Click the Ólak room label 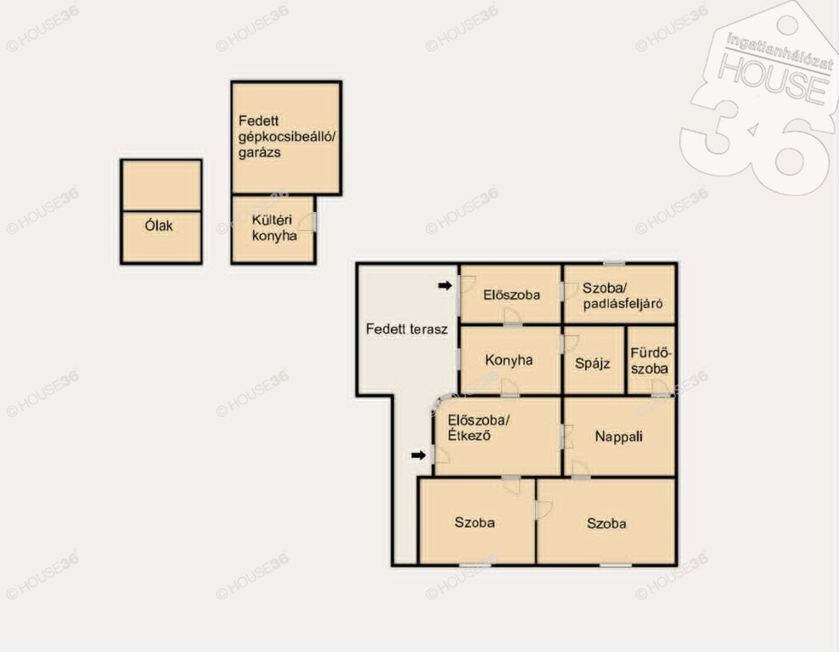point(159,225)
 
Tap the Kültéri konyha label point(274,228)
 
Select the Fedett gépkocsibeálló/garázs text point(287,137)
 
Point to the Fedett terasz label point(407,329)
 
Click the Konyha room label point(509,360)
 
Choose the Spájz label point(593,363)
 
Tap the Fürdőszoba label point(650,361)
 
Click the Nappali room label point(618,436)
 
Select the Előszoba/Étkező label point(478,427)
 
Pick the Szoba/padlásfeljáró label point(622,295)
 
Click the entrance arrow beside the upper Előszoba point(445,285)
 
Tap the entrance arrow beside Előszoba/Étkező point(419,455)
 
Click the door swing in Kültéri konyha point(307,222)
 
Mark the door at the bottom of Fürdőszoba point(661,387)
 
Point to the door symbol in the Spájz point(571,343)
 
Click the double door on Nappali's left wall point(567,436)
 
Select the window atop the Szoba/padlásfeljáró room point(614,262)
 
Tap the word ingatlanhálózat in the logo point(780,52)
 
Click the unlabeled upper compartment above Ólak point(161,185)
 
